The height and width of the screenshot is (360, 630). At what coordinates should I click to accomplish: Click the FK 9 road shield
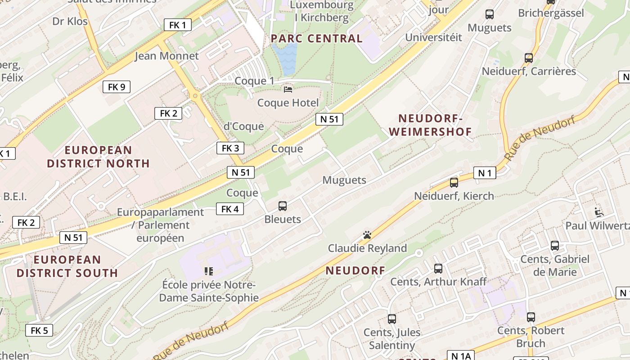click(x=117, y=87)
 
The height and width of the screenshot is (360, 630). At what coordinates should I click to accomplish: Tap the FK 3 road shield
click(x=230, y=148)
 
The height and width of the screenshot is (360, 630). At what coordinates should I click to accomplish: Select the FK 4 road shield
click(x=230, y=209)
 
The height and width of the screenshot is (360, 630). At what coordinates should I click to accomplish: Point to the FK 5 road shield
click(x=39, y=330)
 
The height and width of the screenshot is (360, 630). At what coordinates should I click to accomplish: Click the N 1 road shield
click(x=485, y=173)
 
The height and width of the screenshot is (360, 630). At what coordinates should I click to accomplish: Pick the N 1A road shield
click(x=461, y=356)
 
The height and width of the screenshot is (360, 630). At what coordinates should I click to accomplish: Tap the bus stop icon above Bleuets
click(x=283, y=206)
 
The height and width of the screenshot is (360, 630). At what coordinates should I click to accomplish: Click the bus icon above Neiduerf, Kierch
click(x=454, y=182)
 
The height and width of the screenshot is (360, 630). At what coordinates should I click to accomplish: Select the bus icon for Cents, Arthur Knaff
click(x=438, y=269)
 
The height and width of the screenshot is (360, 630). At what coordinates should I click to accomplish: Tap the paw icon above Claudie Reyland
click(x=367, y=235)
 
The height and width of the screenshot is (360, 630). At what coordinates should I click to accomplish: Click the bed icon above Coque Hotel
click(x=288, y=90)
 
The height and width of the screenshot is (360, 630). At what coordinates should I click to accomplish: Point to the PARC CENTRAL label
click(x=316, y=39)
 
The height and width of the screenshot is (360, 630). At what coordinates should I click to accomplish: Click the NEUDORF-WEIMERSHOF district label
click(x=431, y=125)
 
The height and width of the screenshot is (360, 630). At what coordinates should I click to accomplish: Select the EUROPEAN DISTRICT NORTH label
click(x=98, y=157)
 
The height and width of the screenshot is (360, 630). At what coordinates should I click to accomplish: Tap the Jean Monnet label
click(x=166, y=56)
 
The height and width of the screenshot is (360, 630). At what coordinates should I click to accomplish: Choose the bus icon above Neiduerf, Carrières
click(x=529, y=58)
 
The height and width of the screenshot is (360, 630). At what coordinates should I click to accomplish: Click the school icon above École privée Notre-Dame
click(x=208, y=271)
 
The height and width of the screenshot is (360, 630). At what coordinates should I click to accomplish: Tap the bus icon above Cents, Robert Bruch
click(x=531, y=317)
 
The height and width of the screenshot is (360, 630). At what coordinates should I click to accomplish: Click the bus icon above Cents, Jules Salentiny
click(x=392, y=319)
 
